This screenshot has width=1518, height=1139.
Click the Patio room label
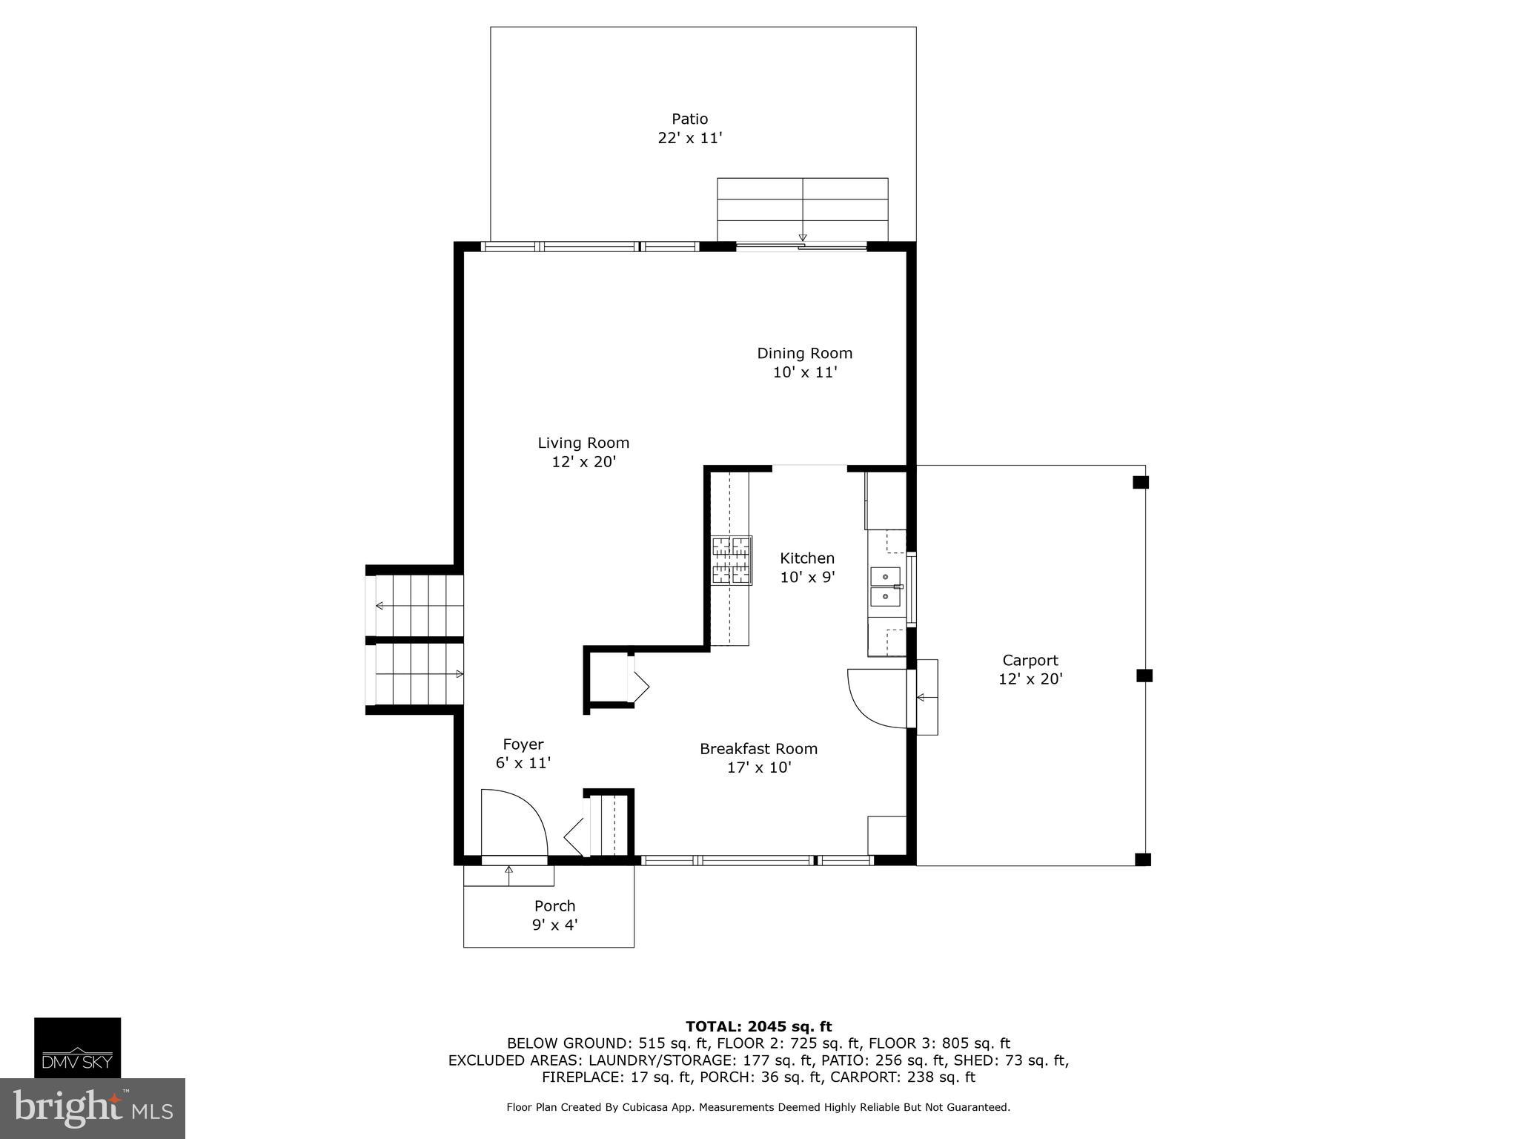click(x=689, y=119)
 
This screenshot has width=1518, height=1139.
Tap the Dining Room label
click(x=804, y=353)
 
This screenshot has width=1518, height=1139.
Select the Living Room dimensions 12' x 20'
click(x=583, y=462)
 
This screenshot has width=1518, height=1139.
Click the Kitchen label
click(x=807, y=558)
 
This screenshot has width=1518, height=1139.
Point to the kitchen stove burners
click(x=732, y=561)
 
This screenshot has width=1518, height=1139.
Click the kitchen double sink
click(x=885, y=587)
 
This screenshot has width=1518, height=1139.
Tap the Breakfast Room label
click(x=758, y=749)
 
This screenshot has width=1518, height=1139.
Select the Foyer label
click(x=523, y=745)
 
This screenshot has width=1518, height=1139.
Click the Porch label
click(x=554, y=905)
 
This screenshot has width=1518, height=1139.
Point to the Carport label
click(x=1030, y=660)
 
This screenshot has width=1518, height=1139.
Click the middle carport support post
click(x=1144, y=676)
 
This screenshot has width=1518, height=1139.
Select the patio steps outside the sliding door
click(x=802, y=210)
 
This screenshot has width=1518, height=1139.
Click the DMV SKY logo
click(x=77, y=1048)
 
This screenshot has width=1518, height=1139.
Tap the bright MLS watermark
click(x=93, y=1109)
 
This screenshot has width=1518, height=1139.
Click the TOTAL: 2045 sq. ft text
click(x=758, y=1026)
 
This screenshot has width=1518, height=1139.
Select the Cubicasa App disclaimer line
click(x=758, y=1107)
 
